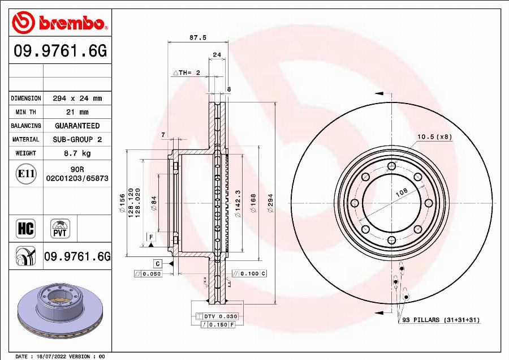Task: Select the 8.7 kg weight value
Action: [x=77, y=153]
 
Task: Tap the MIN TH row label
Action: [x=26, y=112]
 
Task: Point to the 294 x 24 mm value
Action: [x=77, y=98]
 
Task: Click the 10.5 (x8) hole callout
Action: [x=434, y=136]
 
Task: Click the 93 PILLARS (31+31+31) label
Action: [x=441, y=320]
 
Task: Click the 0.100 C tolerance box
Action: [x=249, y=273]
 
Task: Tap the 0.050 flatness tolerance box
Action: [x=148, y=273]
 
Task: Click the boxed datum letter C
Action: [x=157, y=264]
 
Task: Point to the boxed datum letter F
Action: [x=151, y=236]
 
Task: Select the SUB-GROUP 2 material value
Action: [x=77, y=139]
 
